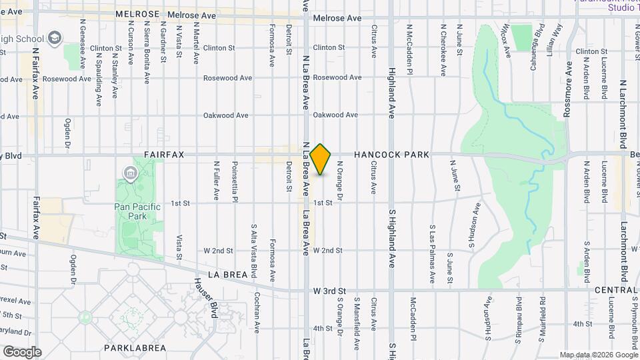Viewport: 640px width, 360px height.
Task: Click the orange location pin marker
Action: [x=321, y=159]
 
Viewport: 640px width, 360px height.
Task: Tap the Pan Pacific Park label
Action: [x=138, y=211]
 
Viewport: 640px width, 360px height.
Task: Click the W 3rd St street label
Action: [x=329, y=291]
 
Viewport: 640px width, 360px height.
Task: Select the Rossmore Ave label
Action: [x=568, y=91]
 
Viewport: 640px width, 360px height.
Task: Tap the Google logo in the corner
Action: [x=21, y=351]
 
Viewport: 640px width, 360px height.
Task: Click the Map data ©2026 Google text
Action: [x=598, y=355]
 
